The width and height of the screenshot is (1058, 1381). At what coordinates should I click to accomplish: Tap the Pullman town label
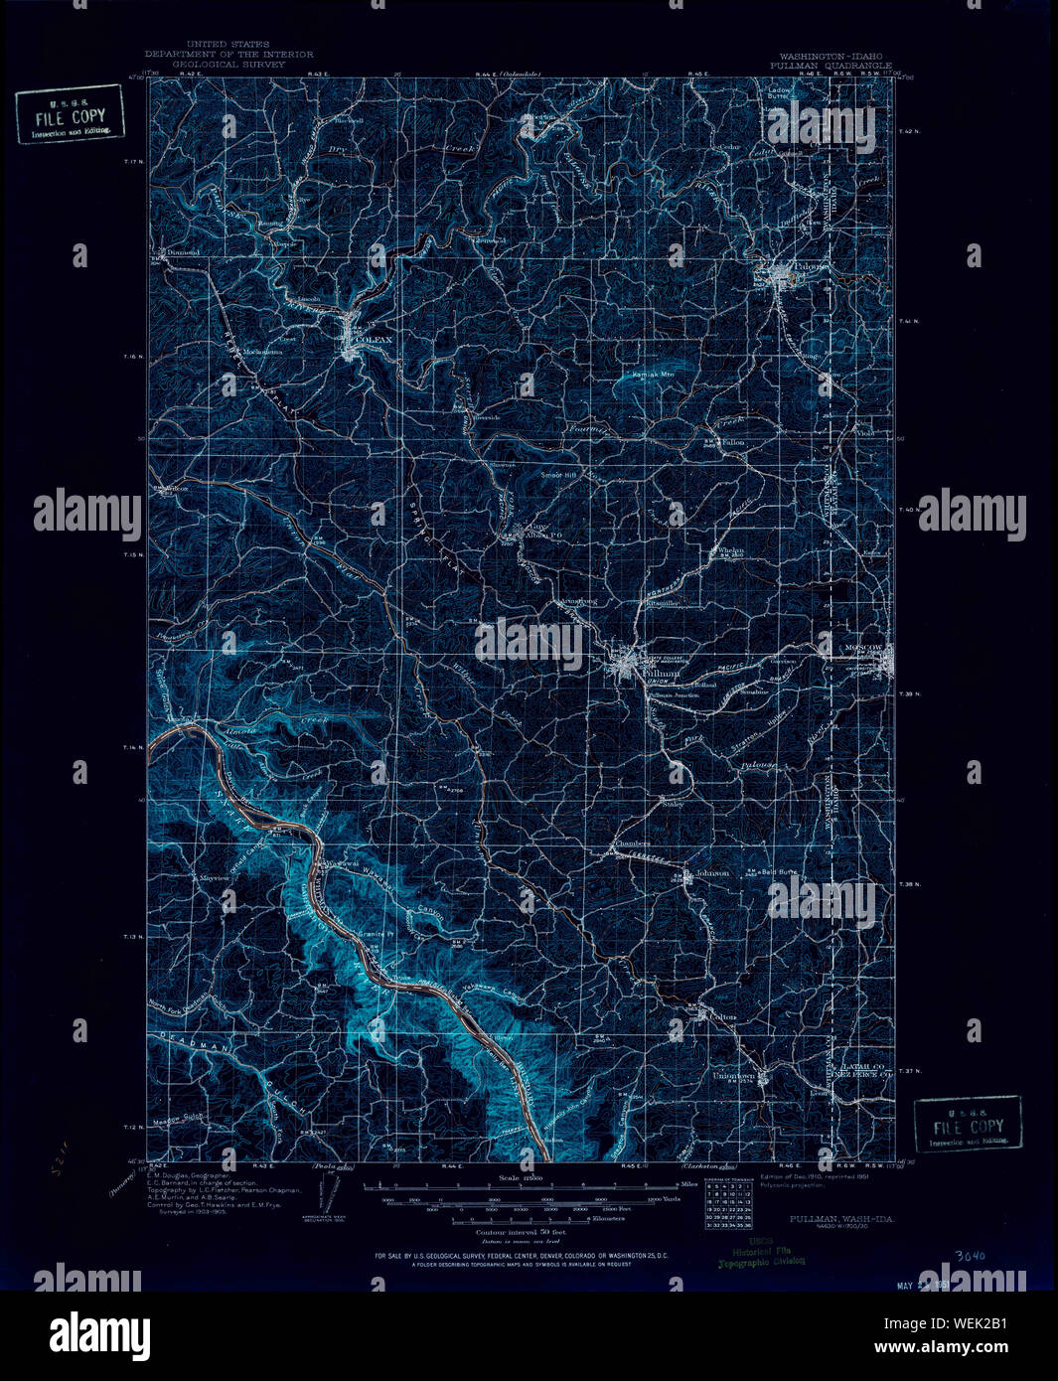tap(662, 673)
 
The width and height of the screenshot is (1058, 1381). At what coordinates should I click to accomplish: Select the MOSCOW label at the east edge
tap(863, 648)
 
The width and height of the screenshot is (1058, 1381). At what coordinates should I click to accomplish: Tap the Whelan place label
tap(728, 550)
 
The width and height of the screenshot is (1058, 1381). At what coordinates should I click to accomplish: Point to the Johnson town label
tap(712, 873)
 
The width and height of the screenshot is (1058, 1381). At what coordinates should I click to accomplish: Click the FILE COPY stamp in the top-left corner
tap(70, 115)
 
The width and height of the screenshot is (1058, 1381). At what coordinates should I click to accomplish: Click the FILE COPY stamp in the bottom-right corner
tap(968, 1124)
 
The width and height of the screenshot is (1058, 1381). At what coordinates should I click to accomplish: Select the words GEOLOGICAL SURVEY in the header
tap(228, 64)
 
